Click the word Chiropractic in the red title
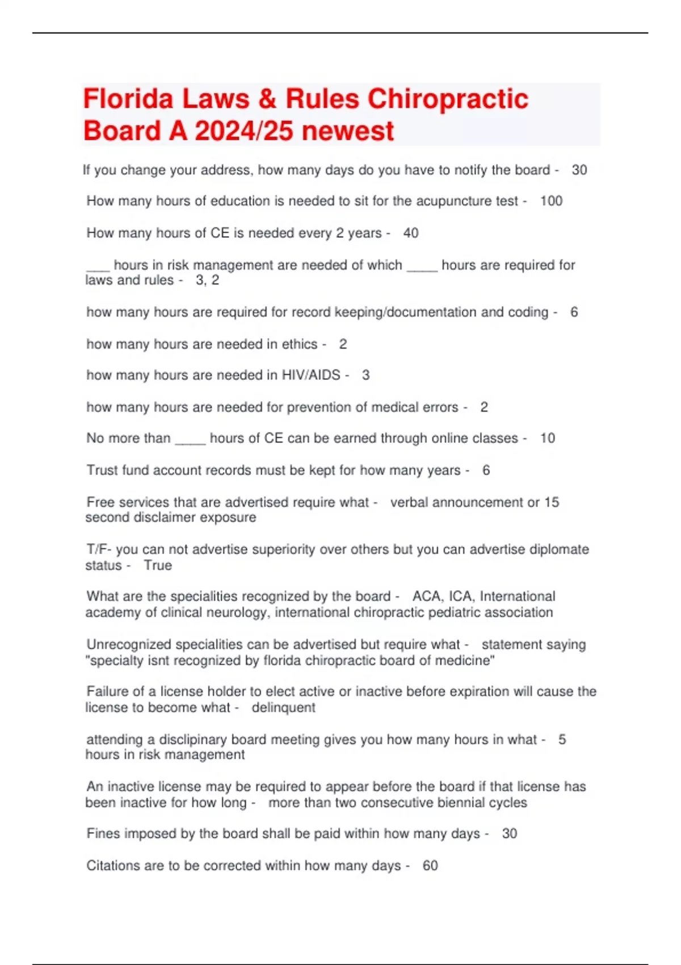[448, 99]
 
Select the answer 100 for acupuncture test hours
[551, 201]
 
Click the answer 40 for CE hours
[411, 233]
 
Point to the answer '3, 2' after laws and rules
[207, 280]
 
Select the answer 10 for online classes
[547, 438]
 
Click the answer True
[158, 565]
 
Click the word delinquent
[283, 707]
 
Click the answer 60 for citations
[430, 865]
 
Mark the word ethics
[299, 344]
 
